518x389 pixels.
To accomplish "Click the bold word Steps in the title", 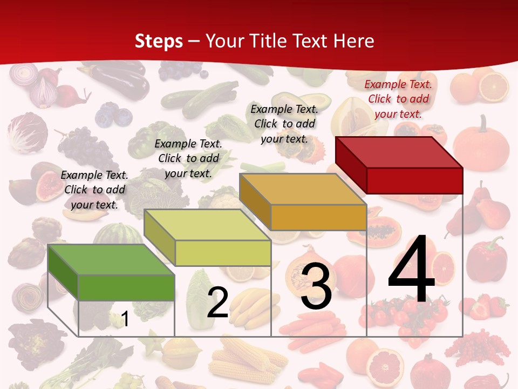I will point(159,41).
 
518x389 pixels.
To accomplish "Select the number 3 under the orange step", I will point(316,286).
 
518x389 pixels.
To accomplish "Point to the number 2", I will point(217,303).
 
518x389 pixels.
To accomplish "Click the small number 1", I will point(125,319).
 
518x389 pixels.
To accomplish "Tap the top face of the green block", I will point(111,260).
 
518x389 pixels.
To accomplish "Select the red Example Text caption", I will point(398,99).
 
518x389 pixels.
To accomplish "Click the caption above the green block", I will point(94,190).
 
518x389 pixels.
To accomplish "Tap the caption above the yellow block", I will point(188,158).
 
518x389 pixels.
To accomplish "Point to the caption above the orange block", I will point(284,124).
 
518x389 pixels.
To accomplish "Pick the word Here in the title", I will point(354,41).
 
